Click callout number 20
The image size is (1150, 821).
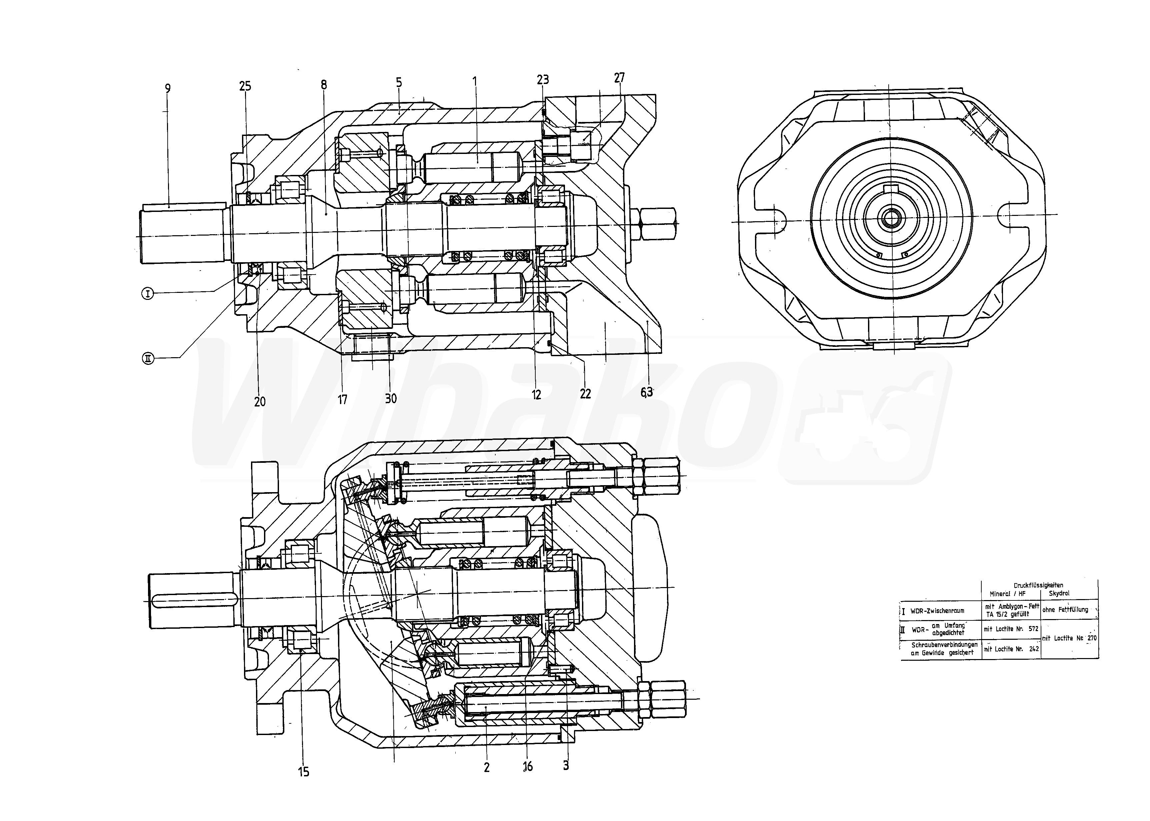(x=259, y=402)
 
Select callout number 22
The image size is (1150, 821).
(x=585, y=394)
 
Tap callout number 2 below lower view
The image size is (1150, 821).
(x=486, y=767)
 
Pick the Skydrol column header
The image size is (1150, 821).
(x=1059, y=593)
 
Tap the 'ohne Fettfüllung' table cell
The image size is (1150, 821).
(x=1065, y=610)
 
